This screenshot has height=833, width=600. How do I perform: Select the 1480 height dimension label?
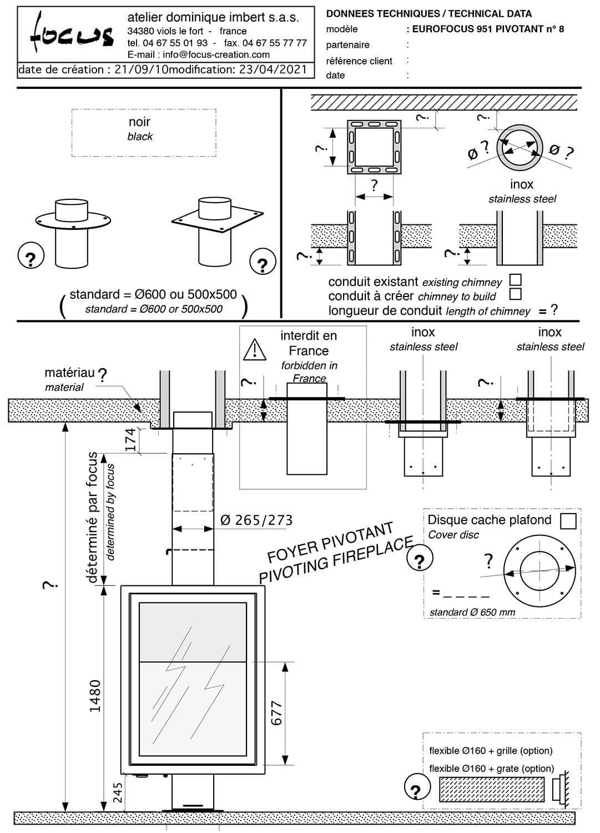(x=95, y=695)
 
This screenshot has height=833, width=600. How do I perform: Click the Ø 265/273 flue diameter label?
(x=256, y=520)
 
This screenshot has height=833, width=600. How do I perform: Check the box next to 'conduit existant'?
(x=515, y=280)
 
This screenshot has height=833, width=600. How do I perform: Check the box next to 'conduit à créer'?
(x=515, y=294)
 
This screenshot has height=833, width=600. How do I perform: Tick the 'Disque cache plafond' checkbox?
(x=568, y=521)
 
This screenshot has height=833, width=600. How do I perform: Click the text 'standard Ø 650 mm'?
(x=472, y=612)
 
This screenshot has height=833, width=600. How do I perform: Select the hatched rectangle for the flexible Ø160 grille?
(x=492, y=789)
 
